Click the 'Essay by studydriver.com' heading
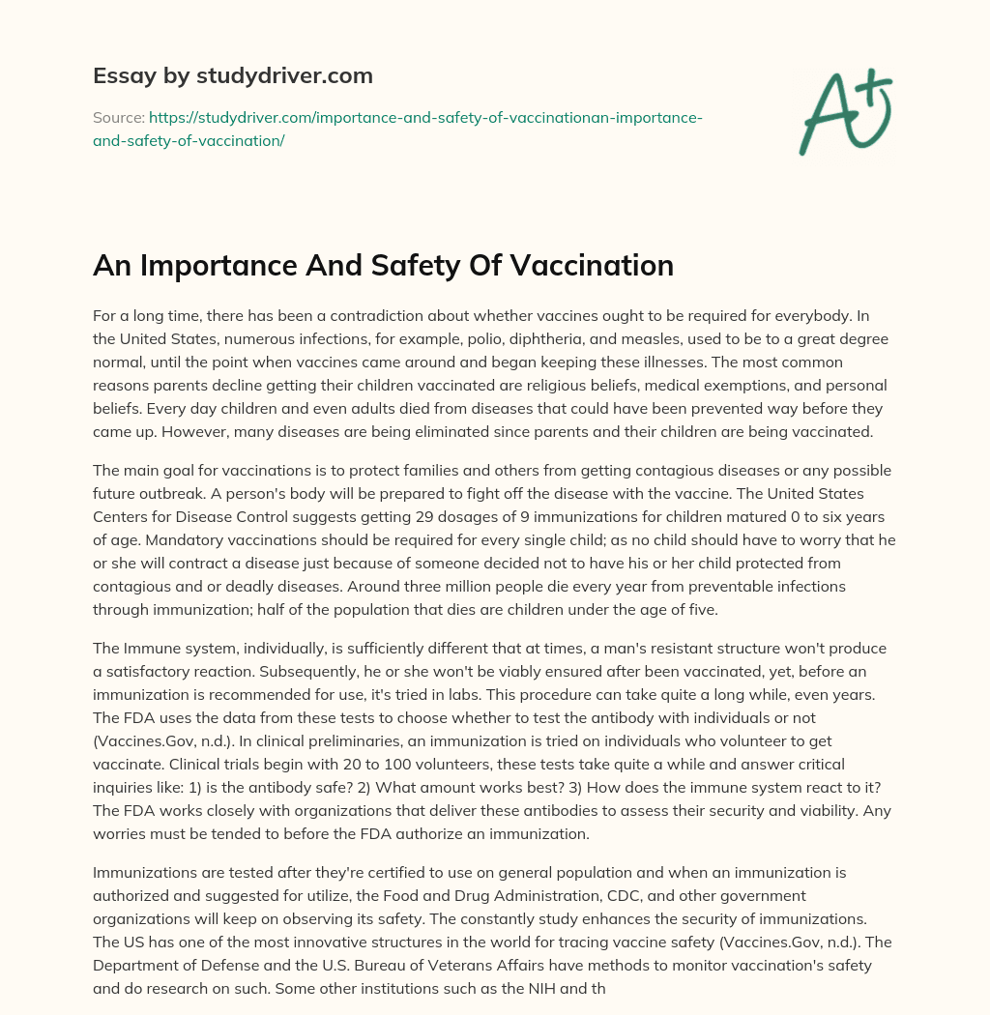tap(232, 75)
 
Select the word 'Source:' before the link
tap(118, 117)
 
